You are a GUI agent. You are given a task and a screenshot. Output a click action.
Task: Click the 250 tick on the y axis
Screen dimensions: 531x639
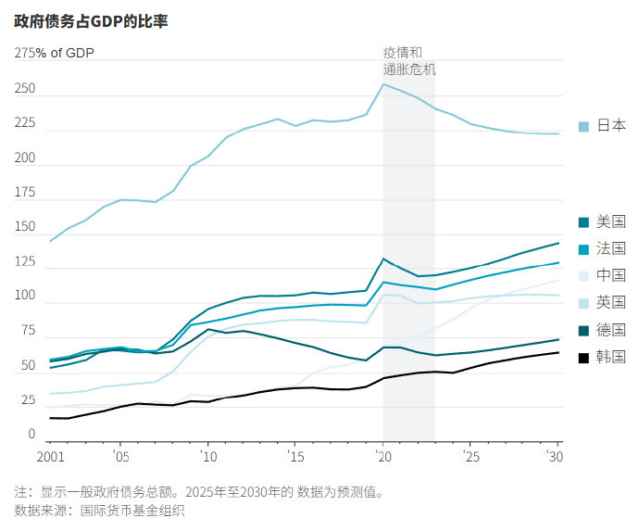[x=25, y=89]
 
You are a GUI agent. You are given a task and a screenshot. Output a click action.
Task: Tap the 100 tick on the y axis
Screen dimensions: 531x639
[x=25, y=296]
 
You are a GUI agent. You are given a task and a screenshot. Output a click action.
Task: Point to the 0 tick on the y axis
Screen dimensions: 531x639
[x=31, y=434]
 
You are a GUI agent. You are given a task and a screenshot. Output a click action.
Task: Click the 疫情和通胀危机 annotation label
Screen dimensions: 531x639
[x=408, y=60]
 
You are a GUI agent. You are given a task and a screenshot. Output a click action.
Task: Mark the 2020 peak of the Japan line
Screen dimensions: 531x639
[x=383, y=84]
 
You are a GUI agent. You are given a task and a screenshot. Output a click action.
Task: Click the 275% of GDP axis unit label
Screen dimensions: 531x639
[x=54, y=53]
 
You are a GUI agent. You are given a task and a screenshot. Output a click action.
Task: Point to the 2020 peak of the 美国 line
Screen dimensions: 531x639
[x=383, y=259]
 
